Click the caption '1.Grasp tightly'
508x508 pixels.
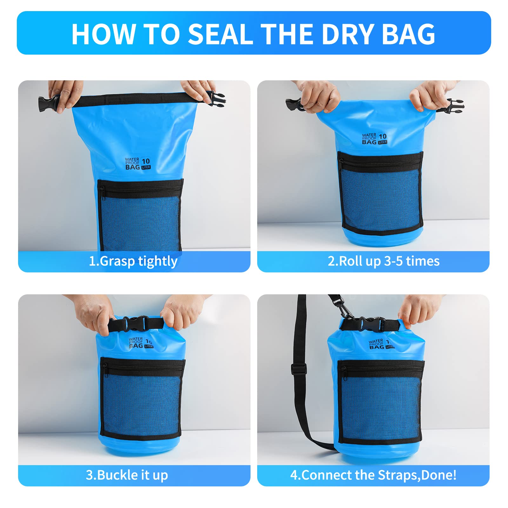click(x=133, y=261)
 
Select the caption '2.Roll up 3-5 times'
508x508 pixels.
click(x=384, y=261)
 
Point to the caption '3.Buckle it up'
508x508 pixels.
click(x=127, y=475)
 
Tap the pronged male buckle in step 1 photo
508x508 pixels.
click(x=216, y=97)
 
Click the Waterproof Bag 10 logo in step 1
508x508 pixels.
click(x=138, y=163)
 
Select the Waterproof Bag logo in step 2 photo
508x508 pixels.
click(x=375, y=139)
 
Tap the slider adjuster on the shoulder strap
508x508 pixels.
click(x=299, y=369)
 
